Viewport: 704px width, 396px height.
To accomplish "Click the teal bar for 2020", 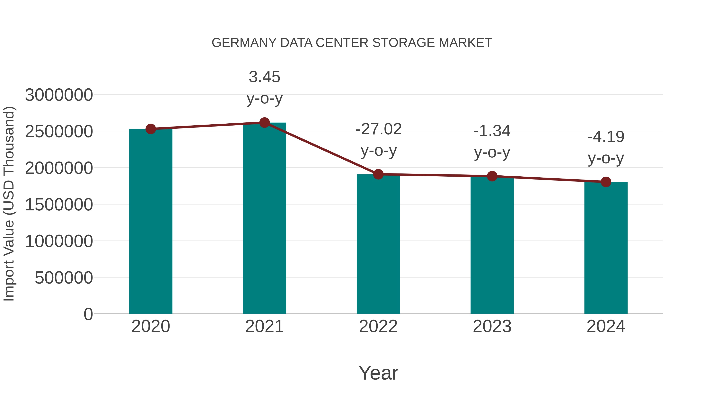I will point(151,221).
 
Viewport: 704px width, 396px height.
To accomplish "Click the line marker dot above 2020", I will point(151,129).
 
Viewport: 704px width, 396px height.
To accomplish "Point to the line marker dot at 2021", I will point(264,123).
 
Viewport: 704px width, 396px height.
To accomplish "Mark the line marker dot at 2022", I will point(378,174).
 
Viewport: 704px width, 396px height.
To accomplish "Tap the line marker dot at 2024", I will point(606,182).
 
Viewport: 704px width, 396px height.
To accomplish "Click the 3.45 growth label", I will point(264,77).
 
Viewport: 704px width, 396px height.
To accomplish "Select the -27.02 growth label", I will point(379,129).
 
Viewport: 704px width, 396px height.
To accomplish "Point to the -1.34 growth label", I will point(492,131).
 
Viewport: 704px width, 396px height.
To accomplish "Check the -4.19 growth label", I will point(606,137).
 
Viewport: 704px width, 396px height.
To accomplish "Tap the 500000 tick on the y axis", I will point(64,278).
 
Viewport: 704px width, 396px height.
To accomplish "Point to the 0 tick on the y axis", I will point(88,314).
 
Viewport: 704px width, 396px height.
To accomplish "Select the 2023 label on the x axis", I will point(492,326).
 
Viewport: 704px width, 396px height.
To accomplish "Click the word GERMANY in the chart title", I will point(244,43).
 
